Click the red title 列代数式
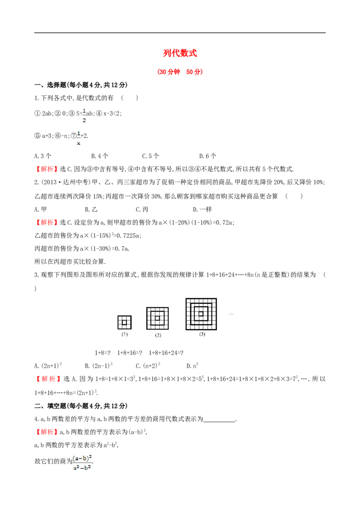point(180,53)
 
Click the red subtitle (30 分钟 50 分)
point(180,72)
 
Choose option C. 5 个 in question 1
point(150,156)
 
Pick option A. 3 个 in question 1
point(43,156)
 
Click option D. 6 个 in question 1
point(207,156)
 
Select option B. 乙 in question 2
point(91,210)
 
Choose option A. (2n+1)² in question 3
point(48,366)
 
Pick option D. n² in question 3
point(192,366)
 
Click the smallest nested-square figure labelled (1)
point(125,322)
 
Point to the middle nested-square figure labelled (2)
point(157,318)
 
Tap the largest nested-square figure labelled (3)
point(201,314)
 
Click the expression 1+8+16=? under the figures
point(130,353)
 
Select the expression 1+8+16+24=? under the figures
point(166,353)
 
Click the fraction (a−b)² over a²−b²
point(82,463)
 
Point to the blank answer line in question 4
point(219,421)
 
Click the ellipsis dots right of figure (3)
point(231,314)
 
